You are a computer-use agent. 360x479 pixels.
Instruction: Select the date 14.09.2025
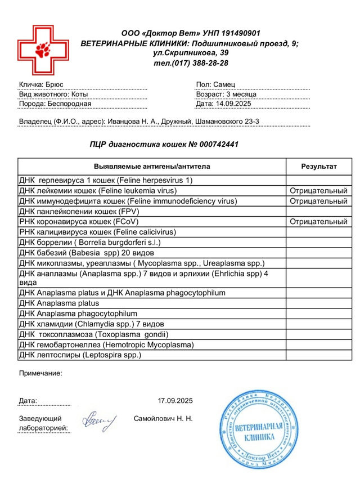click(x=235, y=104)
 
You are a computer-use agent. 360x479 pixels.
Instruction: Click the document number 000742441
click(x=212, y=144)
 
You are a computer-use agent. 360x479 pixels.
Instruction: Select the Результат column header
click(x=319, y=167)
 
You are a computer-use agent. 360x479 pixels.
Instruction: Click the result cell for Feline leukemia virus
click(x=319, y=191)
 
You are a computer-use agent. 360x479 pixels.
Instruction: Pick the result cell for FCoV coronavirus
click(x=319, y=222)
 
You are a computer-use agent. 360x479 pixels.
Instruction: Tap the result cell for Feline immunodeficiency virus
click(x=319, y=201)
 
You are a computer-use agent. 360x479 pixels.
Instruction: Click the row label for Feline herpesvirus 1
click(x=106, y=181)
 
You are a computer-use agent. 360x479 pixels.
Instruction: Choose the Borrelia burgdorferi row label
click(x=90, y=242)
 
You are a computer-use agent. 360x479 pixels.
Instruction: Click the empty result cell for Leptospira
click(x=319, y=355)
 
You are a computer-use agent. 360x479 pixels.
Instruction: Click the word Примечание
click(x=40, y=373)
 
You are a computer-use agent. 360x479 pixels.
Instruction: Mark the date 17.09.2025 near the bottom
click(x=175, y=401)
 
